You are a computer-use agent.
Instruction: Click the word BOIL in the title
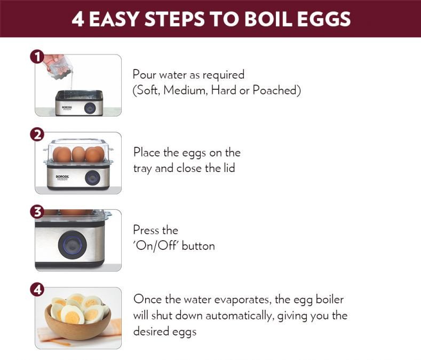(268, 19)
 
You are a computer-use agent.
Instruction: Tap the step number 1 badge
(37, 57)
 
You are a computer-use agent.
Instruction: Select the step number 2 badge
(37, 135)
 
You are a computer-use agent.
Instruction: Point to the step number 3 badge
(37, 212)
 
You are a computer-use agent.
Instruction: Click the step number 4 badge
(37, 289)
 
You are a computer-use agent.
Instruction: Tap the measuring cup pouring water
(58, 67)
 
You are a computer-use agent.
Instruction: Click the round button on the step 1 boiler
(90, 108)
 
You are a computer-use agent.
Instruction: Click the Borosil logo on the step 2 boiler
(62, 177)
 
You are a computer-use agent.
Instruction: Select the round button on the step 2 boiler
(93, 178)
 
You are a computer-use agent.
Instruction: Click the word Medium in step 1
(186, 90)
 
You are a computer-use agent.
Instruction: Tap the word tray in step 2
(142, 169)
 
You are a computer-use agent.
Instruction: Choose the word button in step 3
(198, 246)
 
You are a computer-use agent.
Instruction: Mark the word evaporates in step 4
(242, 300)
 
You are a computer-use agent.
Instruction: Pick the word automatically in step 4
(240, 316)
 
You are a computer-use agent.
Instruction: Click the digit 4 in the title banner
(78, 19)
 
